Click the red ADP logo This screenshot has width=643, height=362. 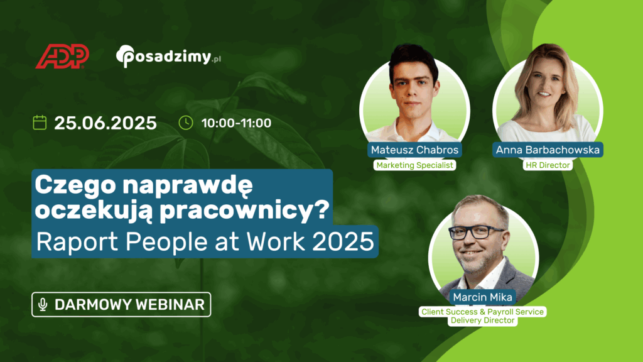[x=62, y=56]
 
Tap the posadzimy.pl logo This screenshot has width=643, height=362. [x=168, y=56]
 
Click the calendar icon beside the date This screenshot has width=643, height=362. [x=40, y=123]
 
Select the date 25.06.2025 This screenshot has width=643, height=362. [x=105, y=123]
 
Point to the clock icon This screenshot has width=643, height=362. [x=186, y=123]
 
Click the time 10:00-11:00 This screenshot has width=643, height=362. [x=236, y=123]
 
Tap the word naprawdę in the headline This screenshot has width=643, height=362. [x=188, y=186]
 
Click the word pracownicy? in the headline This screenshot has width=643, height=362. [x=244, y=211]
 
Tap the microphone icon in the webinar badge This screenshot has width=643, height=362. [x=43, y=305]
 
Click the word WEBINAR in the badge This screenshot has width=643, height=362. [x=170, y=305]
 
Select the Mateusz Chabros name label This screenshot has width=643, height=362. [x=414, y=150]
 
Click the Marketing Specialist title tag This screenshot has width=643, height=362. [x=414, y=165]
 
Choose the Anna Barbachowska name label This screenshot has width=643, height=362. [x=548, y=150]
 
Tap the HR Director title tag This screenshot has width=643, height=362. [x=548, y=165]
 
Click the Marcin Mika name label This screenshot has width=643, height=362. [x=482, y=297]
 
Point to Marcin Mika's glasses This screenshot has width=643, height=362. [x=477, y=233]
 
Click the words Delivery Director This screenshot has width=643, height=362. [x=482, y=320]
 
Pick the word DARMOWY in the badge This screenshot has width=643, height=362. [x=93, y=305]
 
